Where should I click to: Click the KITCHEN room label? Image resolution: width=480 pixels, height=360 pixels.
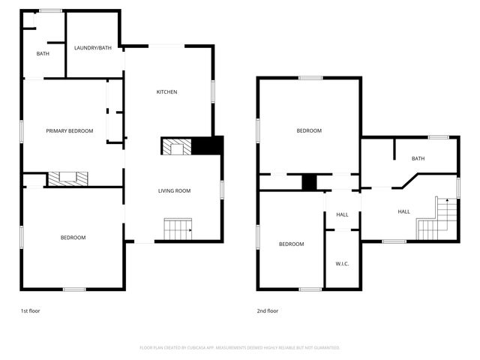coord(166,92)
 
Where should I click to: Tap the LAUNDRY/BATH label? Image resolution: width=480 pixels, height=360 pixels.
coord(93,48)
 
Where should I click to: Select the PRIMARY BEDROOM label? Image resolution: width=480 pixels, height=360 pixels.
coord(70,131)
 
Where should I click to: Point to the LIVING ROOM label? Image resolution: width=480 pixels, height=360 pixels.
coord(174,191)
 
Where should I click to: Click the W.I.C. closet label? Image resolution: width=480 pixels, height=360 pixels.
coord(342,263)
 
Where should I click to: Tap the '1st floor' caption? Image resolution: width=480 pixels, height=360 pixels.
coord(30,310)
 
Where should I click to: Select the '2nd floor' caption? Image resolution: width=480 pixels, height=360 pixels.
coord(268,310)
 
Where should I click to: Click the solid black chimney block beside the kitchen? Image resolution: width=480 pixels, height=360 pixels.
coord(208,146)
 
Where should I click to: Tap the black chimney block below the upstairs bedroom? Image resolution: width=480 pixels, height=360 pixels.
coord(309,181)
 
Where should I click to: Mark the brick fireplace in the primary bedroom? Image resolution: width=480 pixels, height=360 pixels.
coord(68,179)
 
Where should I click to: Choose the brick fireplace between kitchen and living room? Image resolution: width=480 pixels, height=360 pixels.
coord(177,147)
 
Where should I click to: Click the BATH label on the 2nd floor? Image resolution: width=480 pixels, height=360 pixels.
coord(418,158)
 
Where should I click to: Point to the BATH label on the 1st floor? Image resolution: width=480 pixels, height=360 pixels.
coord(43,54)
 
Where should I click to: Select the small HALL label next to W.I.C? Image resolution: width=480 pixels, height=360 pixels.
coord(342,214)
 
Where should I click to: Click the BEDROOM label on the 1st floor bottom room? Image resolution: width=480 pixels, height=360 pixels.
coord(73,238)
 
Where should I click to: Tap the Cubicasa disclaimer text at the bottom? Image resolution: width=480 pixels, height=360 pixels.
coord(240,348)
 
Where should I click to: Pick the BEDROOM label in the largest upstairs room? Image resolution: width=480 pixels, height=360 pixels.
coord(309,131)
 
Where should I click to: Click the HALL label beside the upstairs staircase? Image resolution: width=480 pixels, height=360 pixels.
coord(403,212)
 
